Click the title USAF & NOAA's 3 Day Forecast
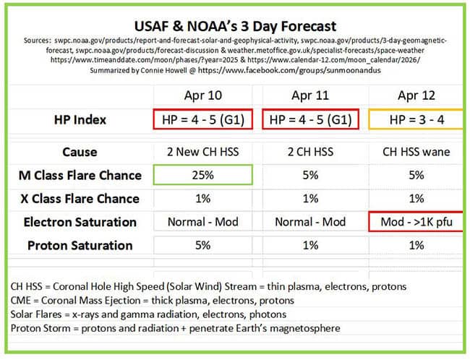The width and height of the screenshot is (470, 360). click(235, 26)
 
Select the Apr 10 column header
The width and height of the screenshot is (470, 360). click(203, 95)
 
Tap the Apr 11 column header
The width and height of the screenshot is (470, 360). click(310, 95)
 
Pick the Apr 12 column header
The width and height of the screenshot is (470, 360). click(416, 95)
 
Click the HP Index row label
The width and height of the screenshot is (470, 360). click(80, 120)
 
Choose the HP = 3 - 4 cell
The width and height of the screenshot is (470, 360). click(416, 120)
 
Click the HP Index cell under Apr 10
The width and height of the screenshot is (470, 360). click(203, 119)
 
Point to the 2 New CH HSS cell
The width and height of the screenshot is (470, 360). click(203, 152)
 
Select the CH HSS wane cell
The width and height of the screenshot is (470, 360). click(416, 152)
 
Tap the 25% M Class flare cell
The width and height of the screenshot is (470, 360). click(203, 175)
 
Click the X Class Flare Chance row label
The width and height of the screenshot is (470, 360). click(80, 199)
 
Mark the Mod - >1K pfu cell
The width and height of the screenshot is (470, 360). click(416, 222)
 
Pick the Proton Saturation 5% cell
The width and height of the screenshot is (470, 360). click(203, 245)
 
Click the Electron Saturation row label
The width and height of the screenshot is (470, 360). click(80, 222)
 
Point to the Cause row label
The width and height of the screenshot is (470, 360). click(80, 152)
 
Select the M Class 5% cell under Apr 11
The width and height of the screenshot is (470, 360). click(310, 175)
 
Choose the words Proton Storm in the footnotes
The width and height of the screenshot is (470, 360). click(40, 328)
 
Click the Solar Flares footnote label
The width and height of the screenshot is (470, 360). click(36, 314)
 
